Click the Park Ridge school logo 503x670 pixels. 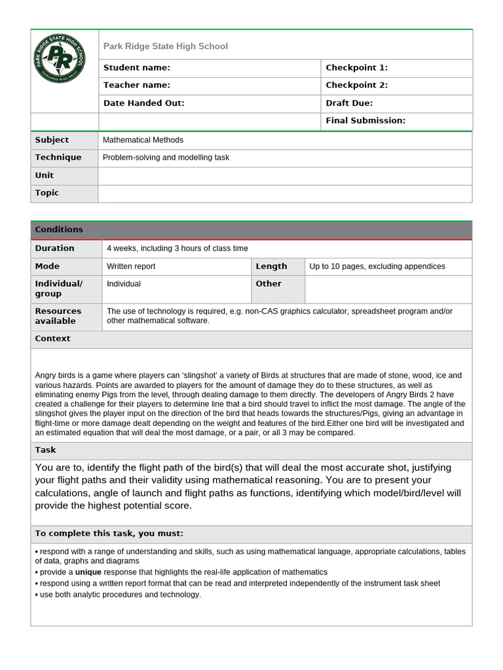pos(59,58)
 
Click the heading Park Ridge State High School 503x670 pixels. pos(166,46)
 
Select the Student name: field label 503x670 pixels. pos(137,67)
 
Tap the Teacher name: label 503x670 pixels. pos(137,85)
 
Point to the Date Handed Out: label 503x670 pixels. pos(144,103)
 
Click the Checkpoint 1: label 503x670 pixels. pos(357,67)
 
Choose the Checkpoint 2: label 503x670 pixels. pos(357,85)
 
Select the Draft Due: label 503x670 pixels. pos(349,103)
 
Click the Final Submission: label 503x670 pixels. pos(365,120)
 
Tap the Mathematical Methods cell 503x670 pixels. pos(143,140)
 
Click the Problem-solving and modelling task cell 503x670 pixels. pos(166,158)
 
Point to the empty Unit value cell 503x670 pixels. pos(285,175)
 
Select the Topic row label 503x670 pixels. pos(47,193)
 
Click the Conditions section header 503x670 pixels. pos(59,230)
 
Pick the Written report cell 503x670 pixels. pos(131,266)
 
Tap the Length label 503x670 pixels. pos(271,266)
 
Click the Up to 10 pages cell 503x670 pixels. pos(377,266)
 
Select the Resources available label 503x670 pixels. pos(58,316)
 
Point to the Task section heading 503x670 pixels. pos(45,450)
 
